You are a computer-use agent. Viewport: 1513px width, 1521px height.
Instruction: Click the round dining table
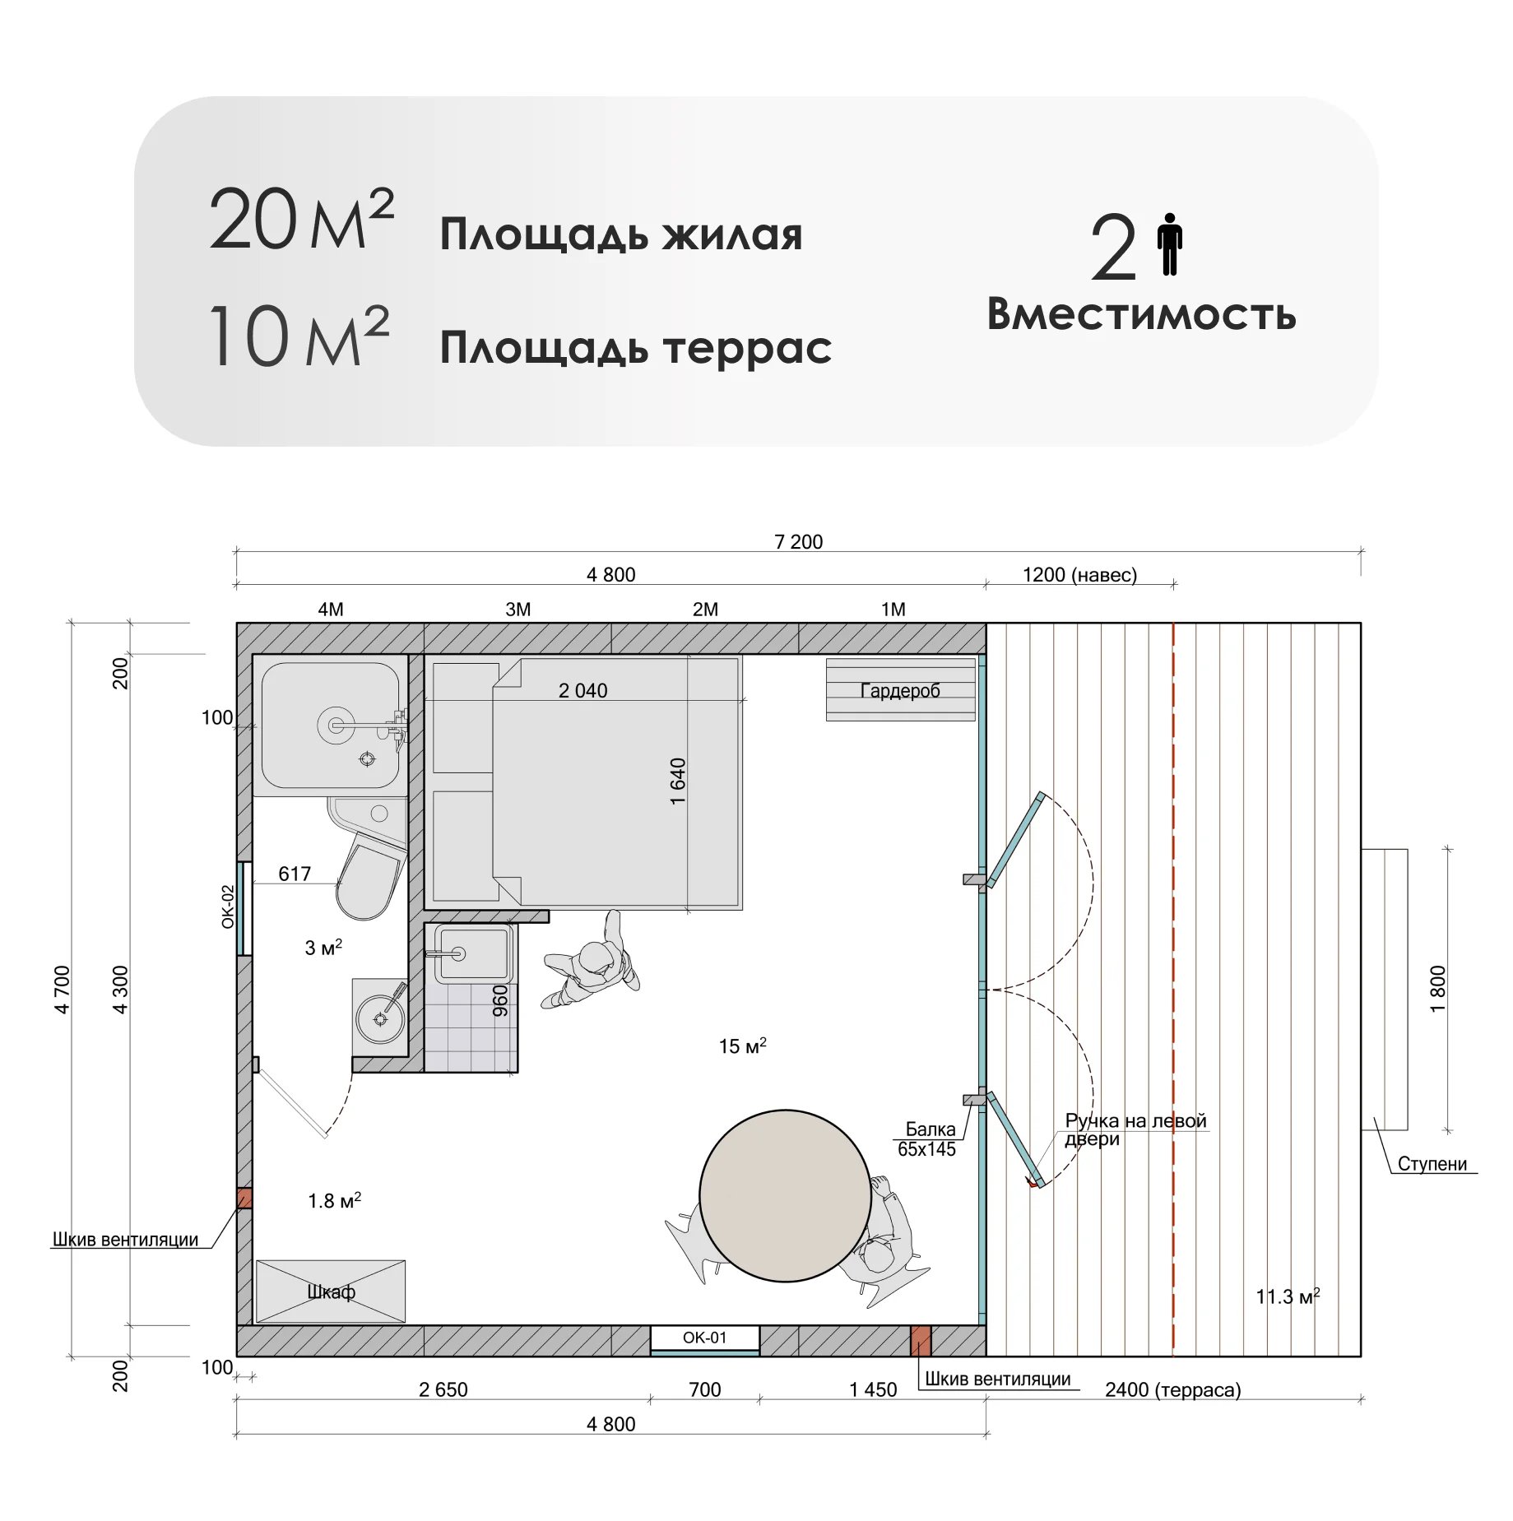(785, 1194)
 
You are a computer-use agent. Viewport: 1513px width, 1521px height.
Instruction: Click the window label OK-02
(229, 907)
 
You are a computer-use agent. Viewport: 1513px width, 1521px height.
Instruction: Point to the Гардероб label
(900, 690)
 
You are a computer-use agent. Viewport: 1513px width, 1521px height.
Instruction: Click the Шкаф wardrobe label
(331, 1292)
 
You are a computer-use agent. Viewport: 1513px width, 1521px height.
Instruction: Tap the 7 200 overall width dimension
(798, 541)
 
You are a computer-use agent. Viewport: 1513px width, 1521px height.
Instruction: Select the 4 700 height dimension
(63, 990)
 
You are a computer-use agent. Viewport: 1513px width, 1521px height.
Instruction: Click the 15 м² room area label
(742, 1046)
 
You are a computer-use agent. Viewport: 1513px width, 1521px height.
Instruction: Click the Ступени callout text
(1432, 1164)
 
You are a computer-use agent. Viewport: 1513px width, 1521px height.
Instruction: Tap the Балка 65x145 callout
(927, 1139)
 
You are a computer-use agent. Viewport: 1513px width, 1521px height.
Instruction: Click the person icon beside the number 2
(1169, 244)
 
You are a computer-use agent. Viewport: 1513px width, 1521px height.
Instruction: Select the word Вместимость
(1141, 314)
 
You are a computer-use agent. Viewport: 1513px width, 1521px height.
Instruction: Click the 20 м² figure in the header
(301, 220)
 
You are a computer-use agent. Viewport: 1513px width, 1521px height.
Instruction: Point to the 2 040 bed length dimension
(582, 691)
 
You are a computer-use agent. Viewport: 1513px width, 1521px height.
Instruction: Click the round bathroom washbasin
(380, 1018)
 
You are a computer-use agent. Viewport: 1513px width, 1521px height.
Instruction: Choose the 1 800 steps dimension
(1437, 989)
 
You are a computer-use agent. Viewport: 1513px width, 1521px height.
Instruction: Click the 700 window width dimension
(704, 1389)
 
